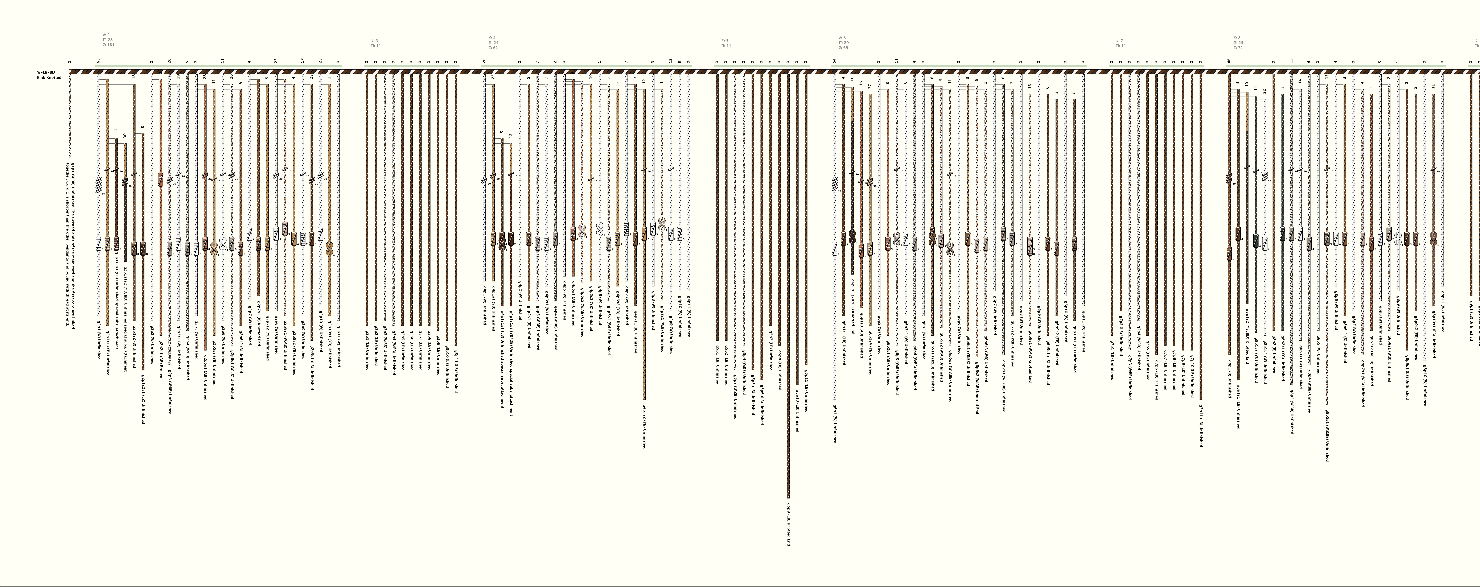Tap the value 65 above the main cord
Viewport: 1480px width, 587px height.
[x=98, y=60]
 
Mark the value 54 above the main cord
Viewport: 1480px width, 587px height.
[x=834, y=60]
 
